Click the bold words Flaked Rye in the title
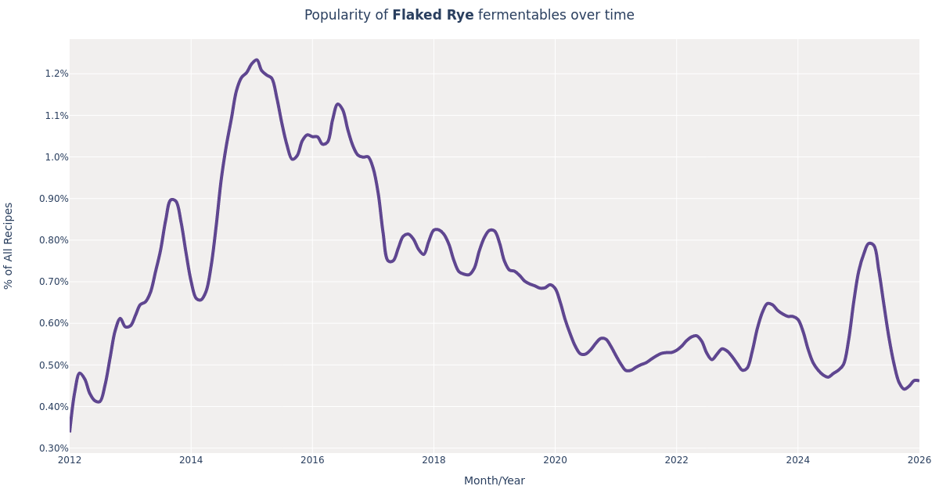click(x=433, y=16)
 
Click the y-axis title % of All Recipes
click(x=9, y=246)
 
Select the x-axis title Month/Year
click(x=494, y=481)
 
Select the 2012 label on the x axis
click(x=70, y=460)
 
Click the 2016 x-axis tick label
click(x=312, y=460)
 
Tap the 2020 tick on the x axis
click(x=555, y=460)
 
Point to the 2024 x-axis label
click(x=797, y=460)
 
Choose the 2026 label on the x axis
click(x=919, y=460)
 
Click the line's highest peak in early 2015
click(x=256, y=59)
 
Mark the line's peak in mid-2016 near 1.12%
click(x=337, y=104)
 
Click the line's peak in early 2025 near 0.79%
click(x=869, y=243)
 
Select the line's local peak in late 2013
click(x=172, y=200)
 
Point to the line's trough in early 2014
click(x=200, y=300)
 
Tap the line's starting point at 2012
click(x=70, y=431)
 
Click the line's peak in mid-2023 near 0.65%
click(x=768, y=303)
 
